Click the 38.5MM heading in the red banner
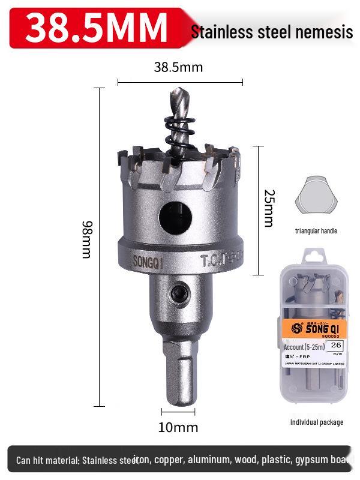97,26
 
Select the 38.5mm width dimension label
178,67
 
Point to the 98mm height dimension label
87,239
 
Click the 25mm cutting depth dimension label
268,209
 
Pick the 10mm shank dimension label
178,428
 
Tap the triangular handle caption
316,231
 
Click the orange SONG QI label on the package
314,328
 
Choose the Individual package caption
317,422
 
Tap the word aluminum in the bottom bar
209,460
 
